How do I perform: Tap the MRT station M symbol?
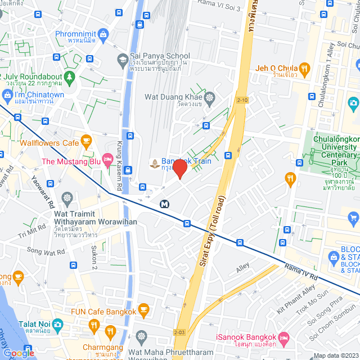coord(165,204)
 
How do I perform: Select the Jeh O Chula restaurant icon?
coord(304,69)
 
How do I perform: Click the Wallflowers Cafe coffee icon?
coord(85,139)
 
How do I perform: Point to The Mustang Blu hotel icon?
coord(107,161)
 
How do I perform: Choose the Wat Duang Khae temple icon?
coord(209,98)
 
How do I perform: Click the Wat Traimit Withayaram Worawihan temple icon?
coord(67,199)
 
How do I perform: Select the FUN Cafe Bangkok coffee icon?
coord(144,309)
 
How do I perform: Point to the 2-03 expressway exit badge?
coord(179,333)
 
